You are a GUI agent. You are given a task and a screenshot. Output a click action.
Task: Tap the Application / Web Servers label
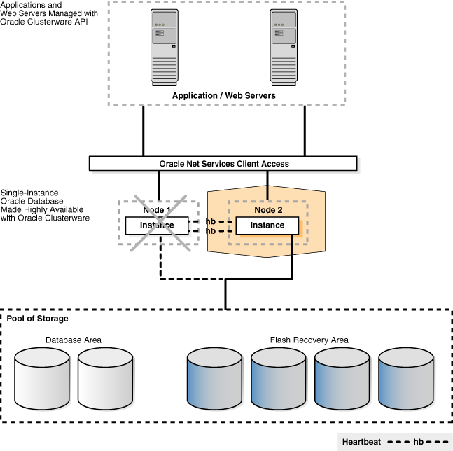click(x=224, y=95)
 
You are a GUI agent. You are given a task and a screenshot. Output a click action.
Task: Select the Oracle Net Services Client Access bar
click(x=223, y=164)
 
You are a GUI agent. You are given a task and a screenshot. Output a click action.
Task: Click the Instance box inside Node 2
click(x=267, y=225)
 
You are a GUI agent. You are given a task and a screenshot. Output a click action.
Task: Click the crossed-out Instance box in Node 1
click(x=157, y=225)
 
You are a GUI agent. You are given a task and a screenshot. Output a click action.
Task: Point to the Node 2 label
click(x=267, y=209)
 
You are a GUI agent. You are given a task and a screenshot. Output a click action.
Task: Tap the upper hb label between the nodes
click(x=210, y=221)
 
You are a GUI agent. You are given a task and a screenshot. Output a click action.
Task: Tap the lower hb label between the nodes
click(x=210, y=230)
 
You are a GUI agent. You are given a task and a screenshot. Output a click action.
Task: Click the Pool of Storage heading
click(x=38, y=319)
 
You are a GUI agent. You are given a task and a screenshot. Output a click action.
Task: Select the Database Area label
click(x=74, y=340)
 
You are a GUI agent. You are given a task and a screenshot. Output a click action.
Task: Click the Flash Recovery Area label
click(x=309, y=340)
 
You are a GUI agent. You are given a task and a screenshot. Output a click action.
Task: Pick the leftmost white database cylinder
click(x=42, y=379)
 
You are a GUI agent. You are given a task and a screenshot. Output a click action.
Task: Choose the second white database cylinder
click(x=106, y=379)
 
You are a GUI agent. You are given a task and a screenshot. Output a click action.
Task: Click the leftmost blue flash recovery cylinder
click(x=215, y=379)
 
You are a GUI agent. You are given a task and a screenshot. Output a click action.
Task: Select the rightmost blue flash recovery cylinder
click(x=406, y=379)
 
